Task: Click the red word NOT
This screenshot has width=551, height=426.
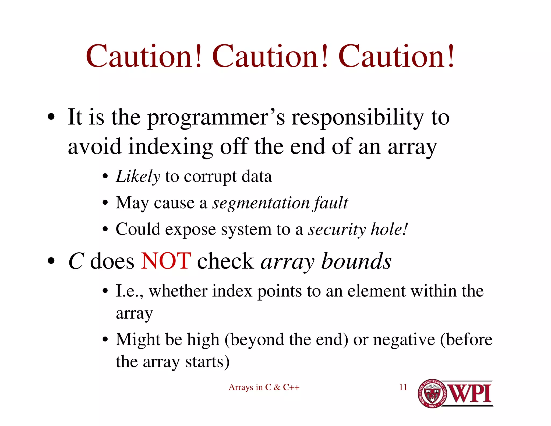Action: [x=166, y=261]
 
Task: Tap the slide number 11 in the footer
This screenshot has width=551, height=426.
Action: [x=403, y=387]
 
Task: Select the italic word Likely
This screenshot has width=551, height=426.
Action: [x=138, y=177]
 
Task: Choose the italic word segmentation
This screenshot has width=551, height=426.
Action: [x=261, y=203]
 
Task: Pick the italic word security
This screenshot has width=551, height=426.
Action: [x=337, y=230]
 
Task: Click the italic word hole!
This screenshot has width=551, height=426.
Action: [x=389, y=229]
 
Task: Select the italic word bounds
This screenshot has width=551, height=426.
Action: [x=356, y=261]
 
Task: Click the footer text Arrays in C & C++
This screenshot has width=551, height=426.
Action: [x=264, y=387]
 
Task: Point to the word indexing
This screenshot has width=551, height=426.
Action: [x=171, y=147]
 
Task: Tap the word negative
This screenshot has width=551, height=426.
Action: [x=404, y=340]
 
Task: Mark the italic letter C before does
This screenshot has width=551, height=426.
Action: [x=76, y=261]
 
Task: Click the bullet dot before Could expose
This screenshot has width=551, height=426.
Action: [x=105, y=230]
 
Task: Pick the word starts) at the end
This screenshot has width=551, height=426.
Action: [x=207, y=362]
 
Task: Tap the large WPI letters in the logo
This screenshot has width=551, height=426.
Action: [x=469, y=394]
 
